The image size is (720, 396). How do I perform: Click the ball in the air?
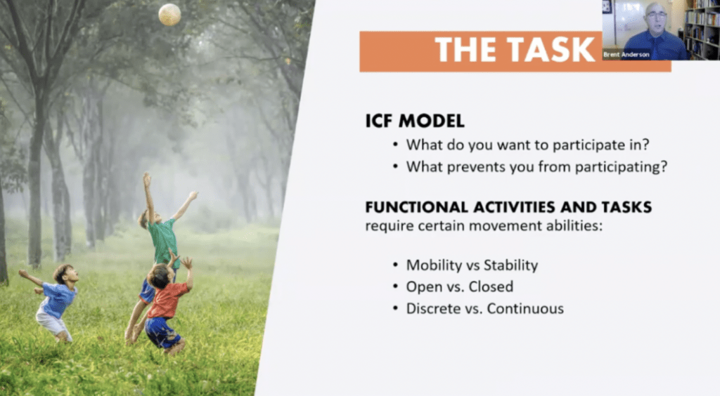coord(169,14)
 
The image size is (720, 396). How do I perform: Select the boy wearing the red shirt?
coord(165,303)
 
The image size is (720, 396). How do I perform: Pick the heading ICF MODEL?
coord(415,121)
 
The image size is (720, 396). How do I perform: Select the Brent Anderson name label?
coord(626,55)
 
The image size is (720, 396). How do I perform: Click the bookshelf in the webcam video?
coord(702,29)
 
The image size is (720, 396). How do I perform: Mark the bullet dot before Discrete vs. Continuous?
coord(396,309)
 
